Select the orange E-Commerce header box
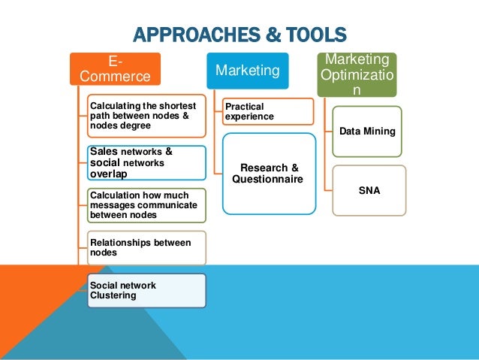113,68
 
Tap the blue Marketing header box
247,70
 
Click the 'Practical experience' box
267,111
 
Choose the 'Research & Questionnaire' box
268,174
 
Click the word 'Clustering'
113,295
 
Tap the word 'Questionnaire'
268,180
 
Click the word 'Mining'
381,132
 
